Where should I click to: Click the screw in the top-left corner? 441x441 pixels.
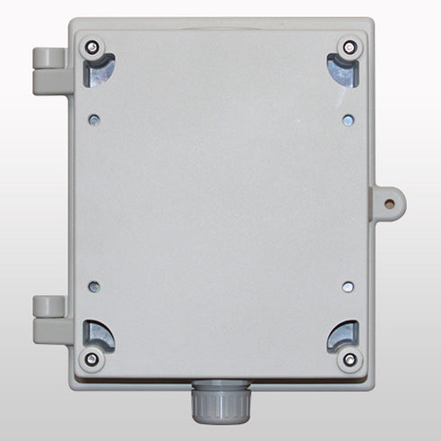coord(92,47)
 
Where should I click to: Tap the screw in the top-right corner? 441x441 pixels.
coord(347,47)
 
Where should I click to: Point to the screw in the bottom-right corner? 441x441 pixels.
coord(348,359)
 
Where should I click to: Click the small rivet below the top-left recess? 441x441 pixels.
coord(94,118)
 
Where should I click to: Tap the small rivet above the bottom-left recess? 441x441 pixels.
coord(94,288)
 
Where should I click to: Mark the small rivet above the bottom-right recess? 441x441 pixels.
coord(347,288)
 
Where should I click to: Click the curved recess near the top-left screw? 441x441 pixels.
coord(101,70)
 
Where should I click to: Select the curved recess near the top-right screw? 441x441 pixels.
coord(339,70)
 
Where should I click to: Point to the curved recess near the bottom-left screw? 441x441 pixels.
coord(101,336)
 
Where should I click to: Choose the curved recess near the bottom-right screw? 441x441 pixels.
coord(339,336)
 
